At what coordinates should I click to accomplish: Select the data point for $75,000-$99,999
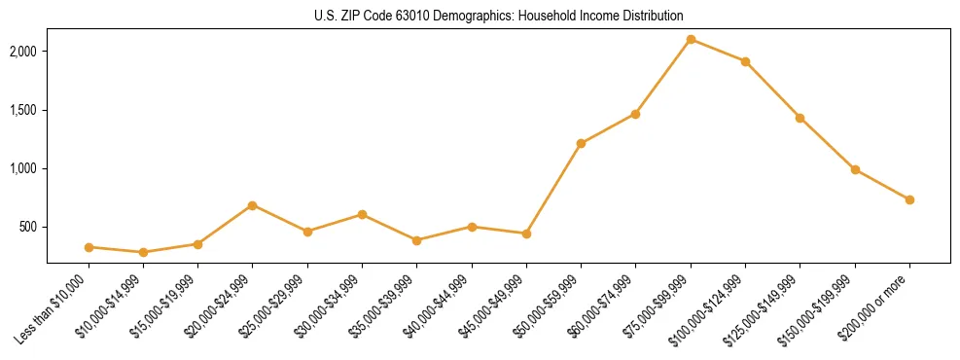(x=691, y=39)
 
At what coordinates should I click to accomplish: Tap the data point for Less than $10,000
(x=89, y=247)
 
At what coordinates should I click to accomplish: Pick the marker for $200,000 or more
(x=909, y=199)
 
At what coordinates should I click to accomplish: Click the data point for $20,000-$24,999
(x=253, y=205)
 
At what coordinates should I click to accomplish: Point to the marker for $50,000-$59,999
(x=581, y=143)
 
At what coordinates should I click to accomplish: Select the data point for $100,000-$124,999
(x=745, y=61)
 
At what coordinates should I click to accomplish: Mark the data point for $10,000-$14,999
(x=143, y=252)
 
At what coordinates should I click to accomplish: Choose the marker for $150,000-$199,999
(x=855, y=169)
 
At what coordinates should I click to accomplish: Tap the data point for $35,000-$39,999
(x=416, y=240)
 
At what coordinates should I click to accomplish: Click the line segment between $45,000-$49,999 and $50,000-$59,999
(x=553, y=189)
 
